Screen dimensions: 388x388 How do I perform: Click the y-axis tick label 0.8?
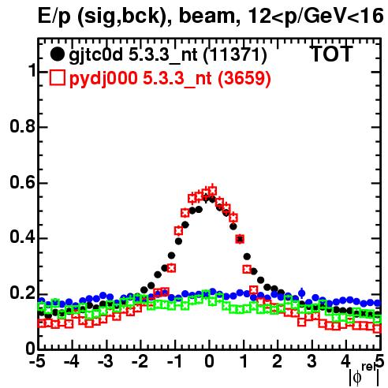click(22, 126)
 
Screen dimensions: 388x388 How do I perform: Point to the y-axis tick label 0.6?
click(22, 182)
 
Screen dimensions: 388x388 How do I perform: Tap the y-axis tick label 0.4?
click(22, 237)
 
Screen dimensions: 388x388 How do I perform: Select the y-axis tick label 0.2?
click(22, 293)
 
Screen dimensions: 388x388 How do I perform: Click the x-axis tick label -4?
click(71, 361)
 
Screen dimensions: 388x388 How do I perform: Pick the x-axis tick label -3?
click(105, 361)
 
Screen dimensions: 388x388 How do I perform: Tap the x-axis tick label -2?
click(140, 361)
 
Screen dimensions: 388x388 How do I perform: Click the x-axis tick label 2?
click(278, 361)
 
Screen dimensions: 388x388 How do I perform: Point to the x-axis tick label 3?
click(312, 361)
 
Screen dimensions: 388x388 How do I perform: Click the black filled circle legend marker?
click(57, 54)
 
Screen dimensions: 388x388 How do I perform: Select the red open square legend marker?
click(57, 77)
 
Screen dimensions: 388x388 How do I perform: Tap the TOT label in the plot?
click(332, 54)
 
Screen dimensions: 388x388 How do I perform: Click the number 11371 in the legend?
click(235, 54)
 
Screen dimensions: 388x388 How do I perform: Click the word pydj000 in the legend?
click(103, 79)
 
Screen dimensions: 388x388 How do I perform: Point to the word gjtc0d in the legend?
click(96, 55)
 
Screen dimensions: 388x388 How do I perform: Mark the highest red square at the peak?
click(212, 190)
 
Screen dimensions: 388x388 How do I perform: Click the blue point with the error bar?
click(302, 293)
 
